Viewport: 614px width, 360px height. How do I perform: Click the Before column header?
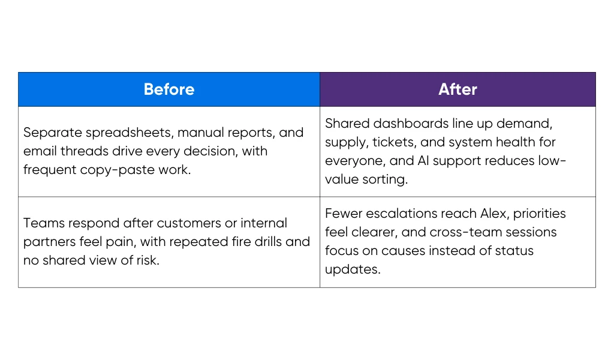pos(169,89)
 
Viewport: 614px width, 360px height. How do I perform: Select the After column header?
pos(458,89)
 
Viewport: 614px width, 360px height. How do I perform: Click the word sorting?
pos(385,179)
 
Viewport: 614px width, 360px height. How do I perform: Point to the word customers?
pos(187,223)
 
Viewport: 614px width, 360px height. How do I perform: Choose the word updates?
pos(353,269)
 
